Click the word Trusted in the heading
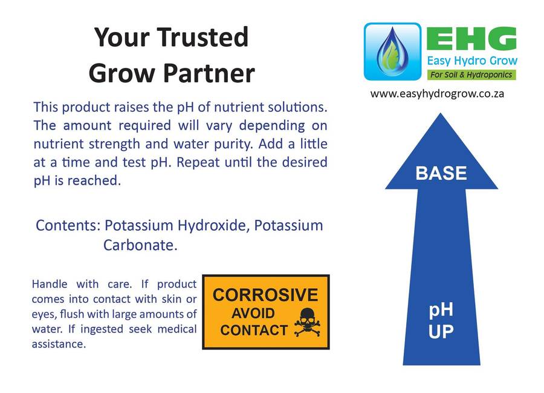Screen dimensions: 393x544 [x=202, y=38]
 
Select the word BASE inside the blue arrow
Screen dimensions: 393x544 [x=441, y=173]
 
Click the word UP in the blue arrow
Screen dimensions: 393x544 [x=441, y=332]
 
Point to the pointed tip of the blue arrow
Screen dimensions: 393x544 [x=441, y=116]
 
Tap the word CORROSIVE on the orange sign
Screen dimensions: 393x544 [x=265, y=295]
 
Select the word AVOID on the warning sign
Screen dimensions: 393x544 [x=253, y=314]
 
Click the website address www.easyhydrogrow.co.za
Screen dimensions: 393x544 [x=437, y=94]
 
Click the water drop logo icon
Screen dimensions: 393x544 [x=392, y=52]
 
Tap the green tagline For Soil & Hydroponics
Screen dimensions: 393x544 [x=470, y=75]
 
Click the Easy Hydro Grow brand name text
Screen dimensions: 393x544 [x=471, y=61]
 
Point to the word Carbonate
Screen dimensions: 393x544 [x=140, y=246]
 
